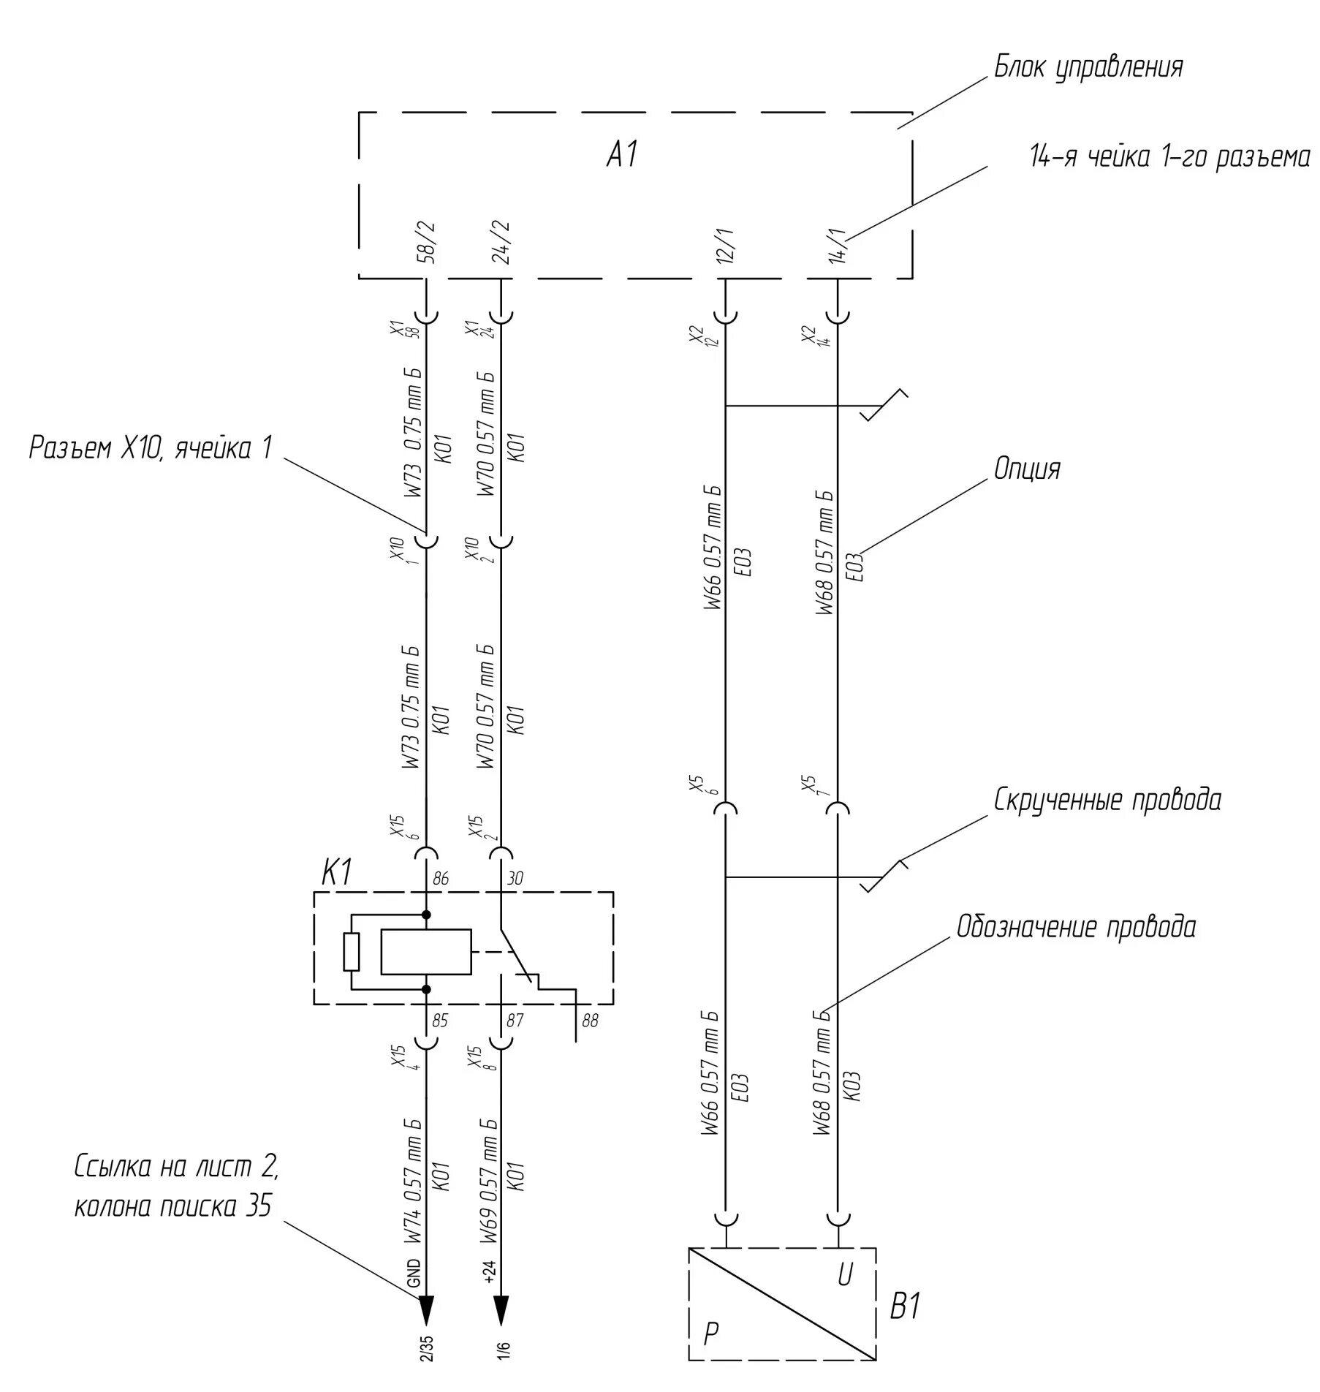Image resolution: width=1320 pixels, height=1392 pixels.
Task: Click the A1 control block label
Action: (623, 155)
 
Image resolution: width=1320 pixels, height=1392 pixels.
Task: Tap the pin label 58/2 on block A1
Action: (427, 241)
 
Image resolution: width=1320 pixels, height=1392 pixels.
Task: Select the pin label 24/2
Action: (502, 241)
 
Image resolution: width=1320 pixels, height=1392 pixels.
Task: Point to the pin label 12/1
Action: (726, 245)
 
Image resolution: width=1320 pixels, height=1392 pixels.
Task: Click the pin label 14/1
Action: (838, 245)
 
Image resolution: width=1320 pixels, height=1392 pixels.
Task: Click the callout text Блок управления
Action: (1088, 67)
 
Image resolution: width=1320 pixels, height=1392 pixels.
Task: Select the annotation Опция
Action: (1027, 469)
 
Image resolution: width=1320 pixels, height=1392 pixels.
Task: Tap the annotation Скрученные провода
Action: (1107, 800)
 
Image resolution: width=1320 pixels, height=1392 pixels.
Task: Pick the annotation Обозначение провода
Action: (1077, 927)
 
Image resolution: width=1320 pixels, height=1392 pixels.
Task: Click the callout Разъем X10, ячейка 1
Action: (151, 447)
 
